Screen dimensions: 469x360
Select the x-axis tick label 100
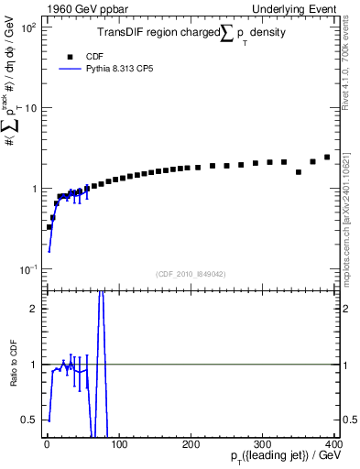pyautogui.click(x=118, y=444)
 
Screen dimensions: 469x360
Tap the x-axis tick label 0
pyautogui.click(x=47, y=444)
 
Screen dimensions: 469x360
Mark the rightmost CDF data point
pyautogui.click(x=327, y=157)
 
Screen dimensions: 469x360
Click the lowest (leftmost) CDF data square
pyautogui.click(x=49, y=226)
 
